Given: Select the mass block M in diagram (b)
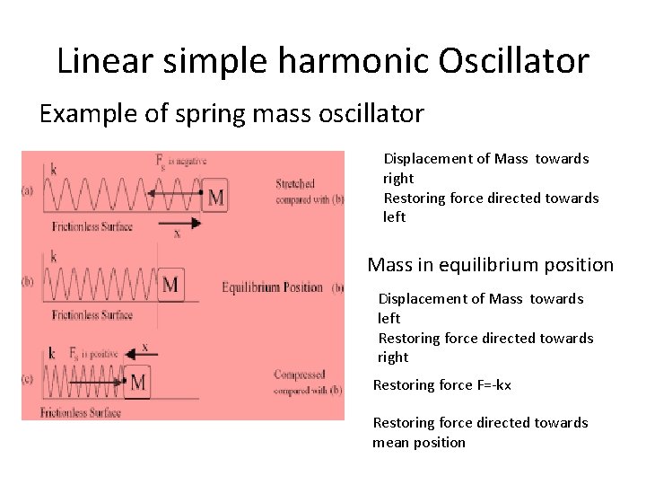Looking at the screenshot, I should coord(170,287).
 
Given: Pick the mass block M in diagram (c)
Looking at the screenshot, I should coord(138,383).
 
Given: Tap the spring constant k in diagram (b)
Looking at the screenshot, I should coord(54,258).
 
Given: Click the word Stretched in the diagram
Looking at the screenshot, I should coord(295,184).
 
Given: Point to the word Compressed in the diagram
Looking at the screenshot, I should coord(300,375).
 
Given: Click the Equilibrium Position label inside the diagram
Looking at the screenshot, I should coord(272,287).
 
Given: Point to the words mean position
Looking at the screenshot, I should coord(419,442).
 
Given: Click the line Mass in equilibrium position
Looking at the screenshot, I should coord(491,265).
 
